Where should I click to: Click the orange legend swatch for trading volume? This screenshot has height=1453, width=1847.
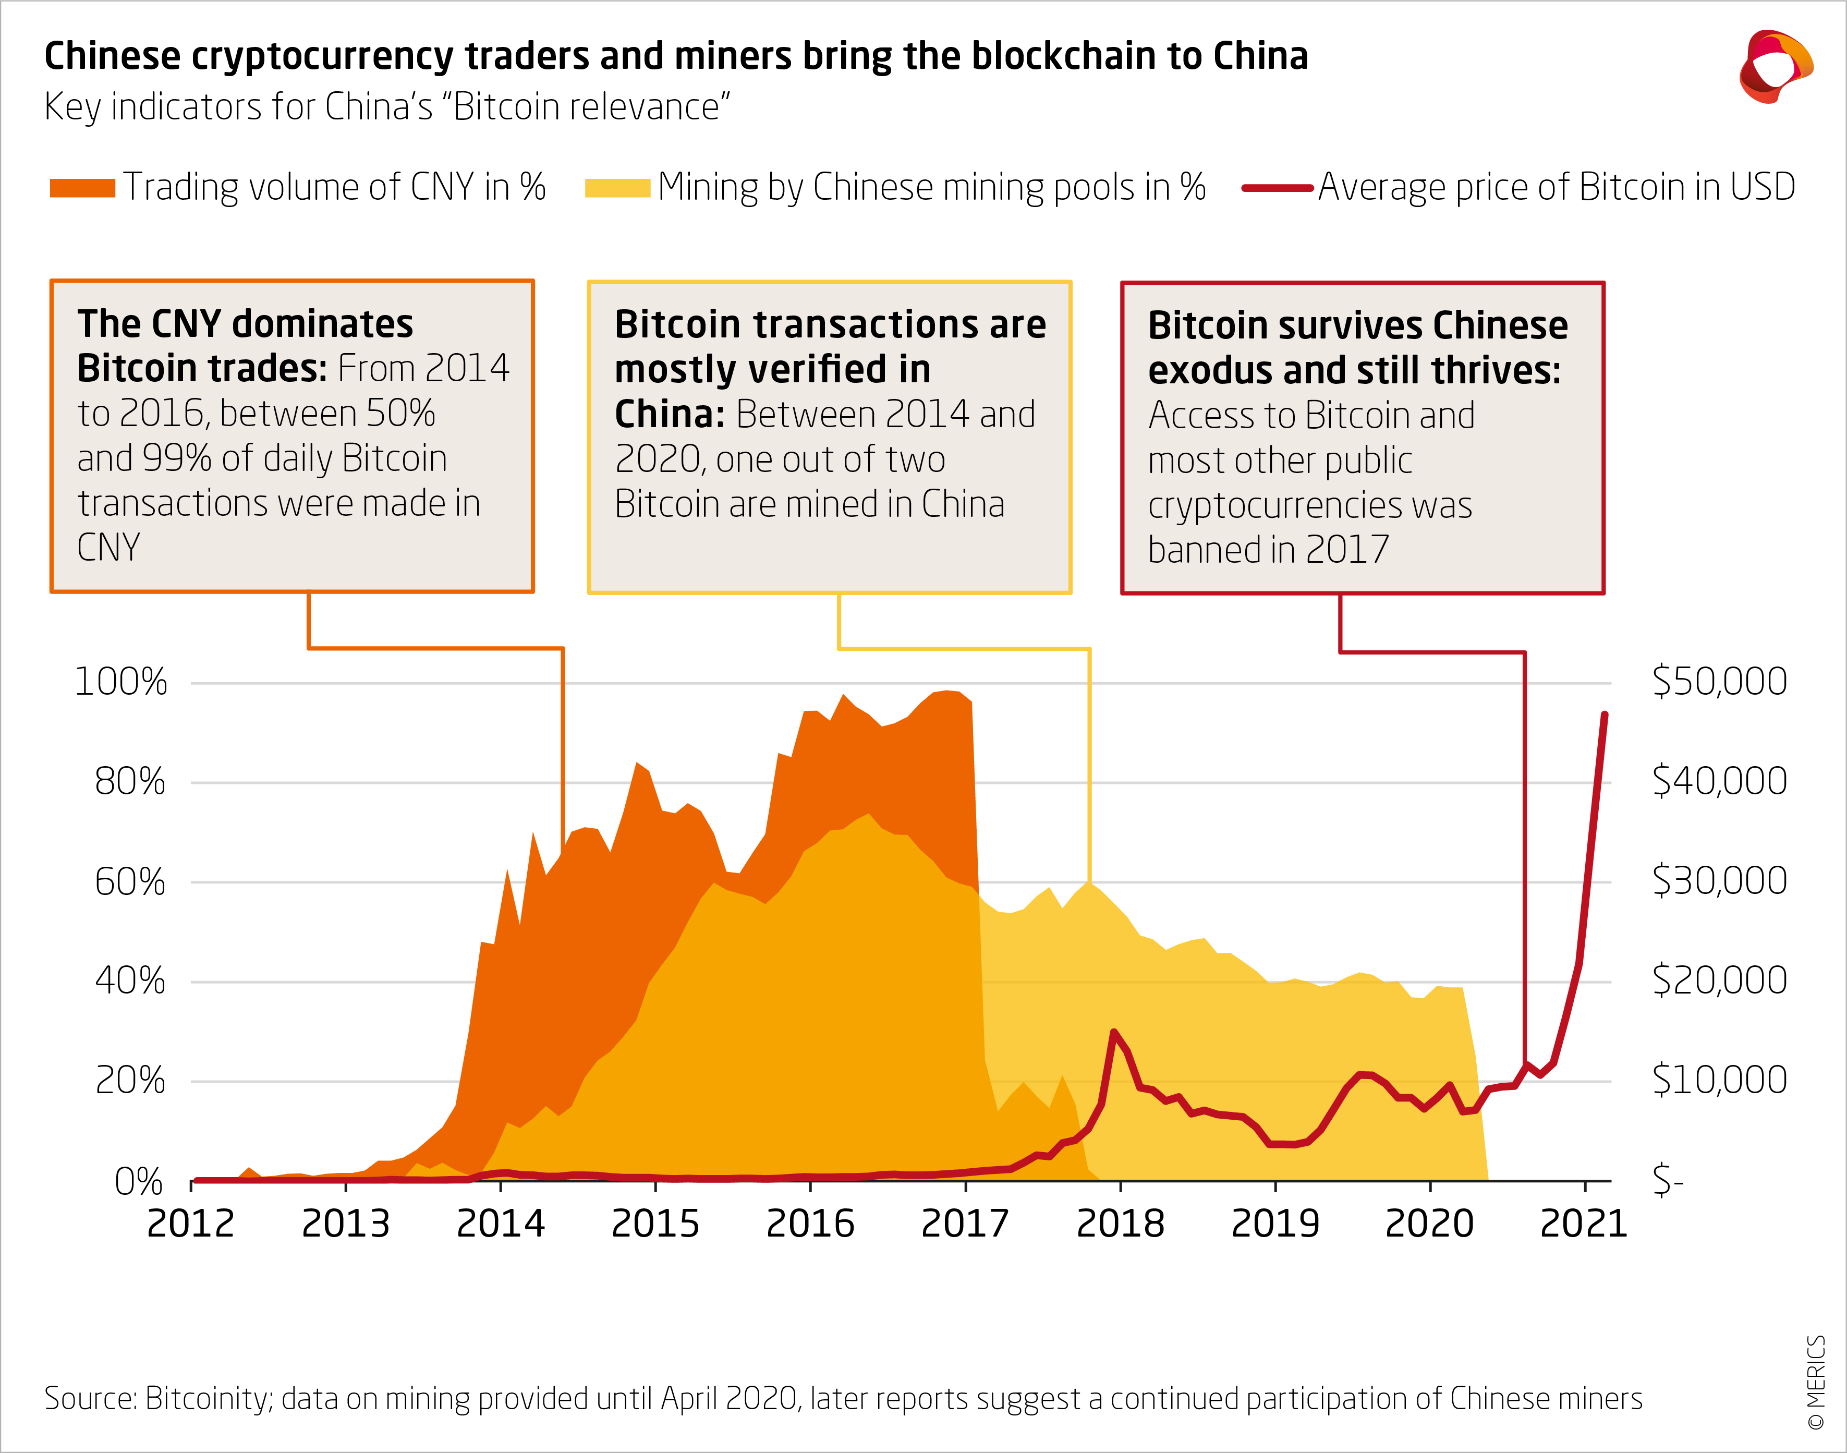tap(82, 188)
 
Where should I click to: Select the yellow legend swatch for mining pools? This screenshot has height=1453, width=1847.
tap(617, 188)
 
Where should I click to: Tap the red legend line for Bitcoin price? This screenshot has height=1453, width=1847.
tap(1277, 188)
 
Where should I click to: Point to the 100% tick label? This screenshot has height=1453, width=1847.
tap(121, 682)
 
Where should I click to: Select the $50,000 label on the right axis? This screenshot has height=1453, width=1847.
tap(1719, 682)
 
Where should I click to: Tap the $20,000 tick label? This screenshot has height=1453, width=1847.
tap(1719, 980)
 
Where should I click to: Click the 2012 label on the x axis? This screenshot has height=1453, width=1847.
tap(190, 1224)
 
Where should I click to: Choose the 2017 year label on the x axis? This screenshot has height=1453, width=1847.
tap(965, 1224)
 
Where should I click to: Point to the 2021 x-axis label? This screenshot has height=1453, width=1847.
tap(1583, 1224)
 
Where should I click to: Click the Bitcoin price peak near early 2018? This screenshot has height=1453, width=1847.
tap(1114, 1032)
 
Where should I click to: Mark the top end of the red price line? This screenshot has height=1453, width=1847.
tap(1605, 715)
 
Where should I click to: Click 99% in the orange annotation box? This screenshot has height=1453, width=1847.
tap(177, 458)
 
